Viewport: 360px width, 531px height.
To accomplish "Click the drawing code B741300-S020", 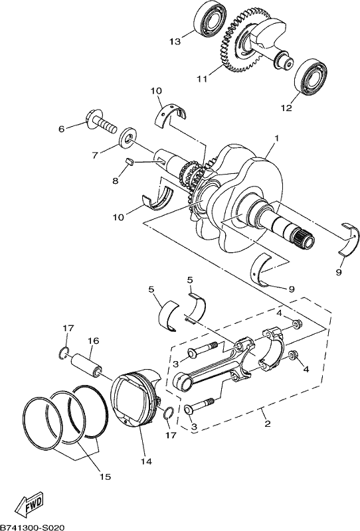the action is point(32,527).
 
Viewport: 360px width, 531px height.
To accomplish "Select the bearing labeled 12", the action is point(311,76).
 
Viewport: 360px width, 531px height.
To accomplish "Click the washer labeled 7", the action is point(128,137).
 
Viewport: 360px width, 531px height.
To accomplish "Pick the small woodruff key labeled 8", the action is point(130,161).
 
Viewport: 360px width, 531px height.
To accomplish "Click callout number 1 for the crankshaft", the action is point(276,139).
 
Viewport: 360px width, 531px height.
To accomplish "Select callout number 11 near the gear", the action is point(202,79).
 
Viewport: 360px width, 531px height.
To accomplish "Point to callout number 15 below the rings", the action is point(106,476).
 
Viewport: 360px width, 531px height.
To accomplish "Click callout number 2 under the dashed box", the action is point(268,423).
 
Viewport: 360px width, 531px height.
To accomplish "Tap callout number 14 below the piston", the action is point(147,461).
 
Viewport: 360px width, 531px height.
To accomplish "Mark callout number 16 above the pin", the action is point(94,341).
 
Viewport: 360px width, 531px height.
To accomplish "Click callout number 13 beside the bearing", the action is point(175,42).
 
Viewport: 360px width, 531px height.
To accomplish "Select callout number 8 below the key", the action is point(116,181).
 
